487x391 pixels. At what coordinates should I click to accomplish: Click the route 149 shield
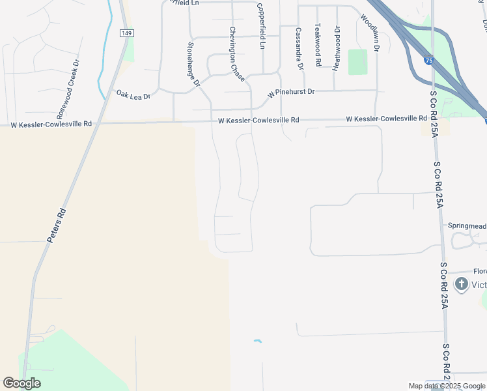126,33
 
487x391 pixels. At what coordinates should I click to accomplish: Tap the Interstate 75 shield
427,61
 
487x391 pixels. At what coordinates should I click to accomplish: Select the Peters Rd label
57,225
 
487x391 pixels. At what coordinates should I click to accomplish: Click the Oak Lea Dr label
133,95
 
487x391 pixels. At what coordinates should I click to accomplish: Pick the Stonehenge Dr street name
192,64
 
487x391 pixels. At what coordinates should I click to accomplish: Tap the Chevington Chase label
236,54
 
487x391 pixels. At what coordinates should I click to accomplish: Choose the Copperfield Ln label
262,25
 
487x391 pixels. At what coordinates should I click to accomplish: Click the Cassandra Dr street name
299,48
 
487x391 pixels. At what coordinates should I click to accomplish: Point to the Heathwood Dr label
337,48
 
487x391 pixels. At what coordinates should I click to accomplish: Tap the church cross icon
462,283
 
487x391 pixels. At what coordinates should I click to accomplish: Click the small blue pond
258,341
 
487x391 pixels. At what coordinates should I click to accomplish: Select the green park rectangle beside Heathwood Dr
357,62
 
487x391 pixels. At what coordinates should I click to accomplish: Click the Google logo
21,383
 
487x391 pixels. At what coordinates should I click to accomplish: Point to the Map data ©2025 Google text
447,386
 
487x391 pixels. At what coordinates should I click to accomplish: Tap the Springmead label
467,225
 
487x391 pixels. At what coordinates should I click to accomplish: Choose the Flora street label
479,271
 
